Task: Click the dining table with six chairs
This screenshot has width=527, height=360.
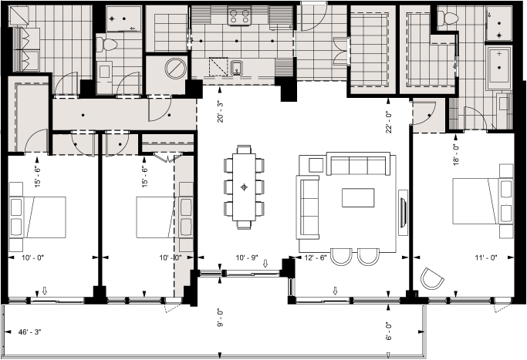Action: click(245, 186)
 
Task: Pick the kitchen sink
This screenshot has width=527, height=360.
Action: click(238, 67)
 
